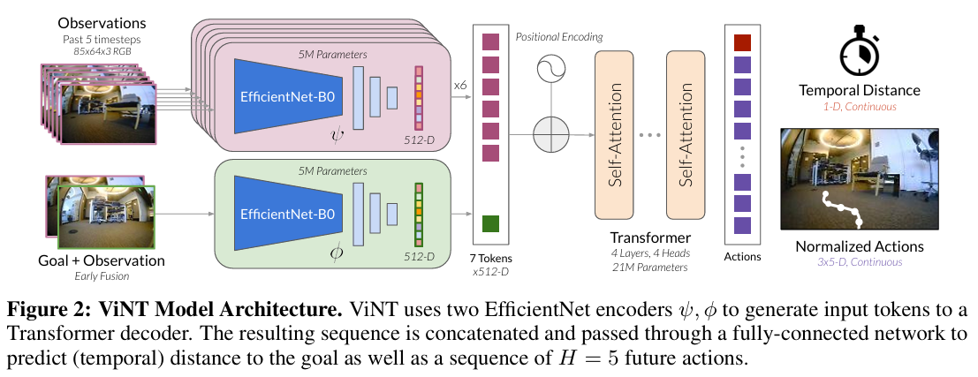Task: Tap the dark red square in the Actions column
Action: (742, 42)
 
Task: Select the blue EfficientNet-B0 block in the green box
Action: (287, 215)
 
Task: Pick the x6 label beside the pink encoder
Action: (459, 85)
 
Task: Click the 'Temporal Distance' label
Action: (859, 90)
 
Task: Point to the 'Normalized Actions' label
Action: (859, 246)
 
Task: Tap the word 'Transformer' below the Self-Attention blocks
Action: (649, 239)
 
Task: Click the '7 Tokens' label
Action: (490, 258)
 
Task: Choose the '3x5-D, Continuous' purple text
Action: (859, 262)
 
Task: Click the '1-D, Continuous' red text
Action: (859, 106)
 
